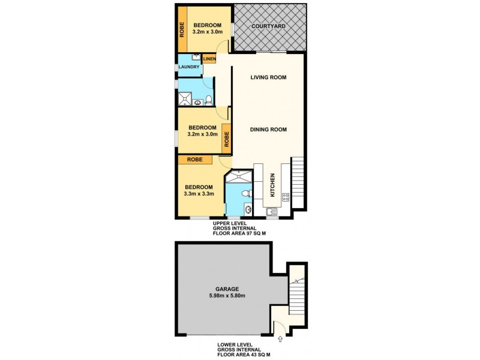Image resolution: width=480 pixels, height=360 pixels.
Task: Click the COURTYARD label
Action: point(268,26)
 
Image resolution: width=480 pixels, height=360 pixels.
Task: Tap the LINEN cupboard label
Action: point(209,59)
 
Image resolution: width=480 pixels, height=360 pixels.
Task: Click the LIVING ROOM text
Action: point(268,77)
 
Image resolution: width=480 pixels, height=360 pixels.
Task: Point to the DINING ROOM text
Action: point(268,129)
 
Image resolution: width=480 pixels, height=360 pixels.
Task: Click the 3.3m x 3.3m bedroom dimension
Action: point(199,194)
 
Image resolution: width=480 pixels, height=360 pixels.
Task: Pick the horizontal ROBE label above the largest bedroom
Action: point(194,160)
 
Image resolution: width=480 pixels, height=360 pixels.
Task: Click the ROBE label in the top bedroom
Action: point(181,29)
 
